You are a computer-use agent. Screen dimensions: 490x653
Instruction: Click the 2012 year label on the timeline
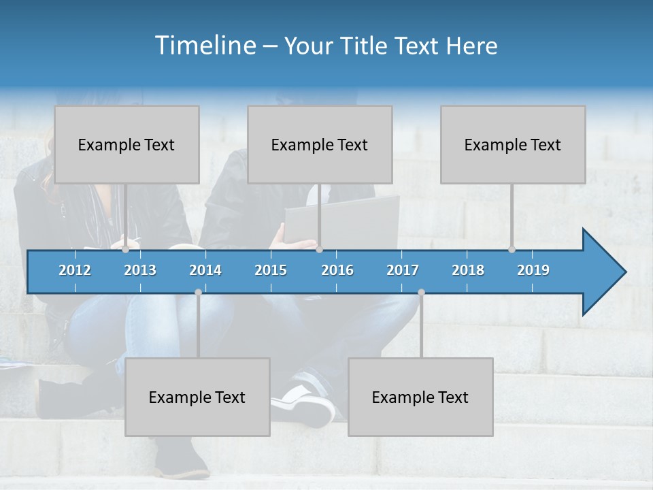(x=75, y=270)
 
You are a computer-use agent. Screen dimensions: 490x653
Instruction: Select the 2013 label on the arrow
(x=140, y=270)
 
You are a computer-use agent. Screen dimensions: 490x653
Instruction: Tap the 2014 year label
(x=205, y=270)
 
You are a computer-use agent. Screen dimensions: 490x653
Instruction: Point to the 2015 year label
(x=271, y=270)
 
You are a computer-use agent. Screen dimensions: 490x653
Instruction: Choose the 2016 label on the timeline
(x=337, y=270)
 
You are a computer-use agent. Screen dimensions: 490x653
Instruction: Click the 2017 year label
(x=403, y=270)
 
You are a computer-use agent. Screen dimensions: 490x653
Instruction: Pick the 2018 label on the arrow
(x=468, y=270)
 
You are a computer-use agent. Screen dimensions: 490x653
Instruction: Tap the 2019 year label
(x=533, y=270)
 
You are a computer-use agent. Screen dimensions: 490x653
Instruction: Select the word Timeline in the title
(x=205, y=46)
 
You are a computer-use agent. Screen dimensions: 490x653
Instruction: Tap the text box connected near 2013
(x=127, y=144)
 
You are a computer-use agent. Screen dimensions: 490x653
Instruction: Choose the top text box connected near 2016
(x=320, y=144)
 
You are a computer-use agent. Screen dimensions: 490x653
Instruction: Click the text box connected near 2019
(x=513, y=144)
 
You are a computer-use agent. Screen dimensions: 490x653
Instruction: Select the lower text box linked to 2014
(x=197, y=397)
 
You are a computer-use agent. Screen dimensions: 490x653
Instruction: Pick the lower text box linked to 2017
(x=420, y=397)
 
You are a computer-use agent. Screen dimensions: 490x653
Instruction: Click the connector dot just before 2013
(x=126, y=250)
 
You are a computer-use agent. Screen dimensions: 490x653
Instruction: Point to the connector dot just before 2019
(x=512, y=250)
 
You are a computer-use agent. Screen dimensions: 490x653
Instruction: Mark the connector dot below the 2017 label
(x=421, y=293)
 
